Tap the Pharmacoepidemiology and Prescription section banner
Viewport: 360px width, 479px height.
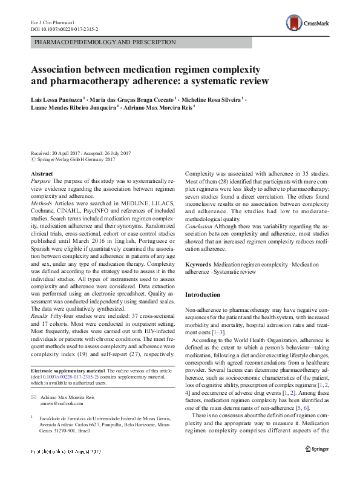(x=106, y=43)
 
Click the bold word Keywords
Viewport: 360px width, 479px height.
(x=198, y=266)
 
